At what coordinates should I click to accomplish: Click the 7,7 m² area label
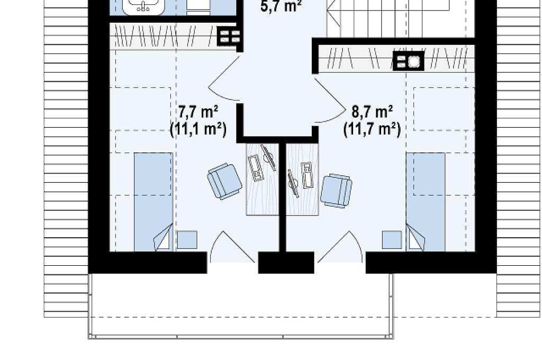(x=198, y=112)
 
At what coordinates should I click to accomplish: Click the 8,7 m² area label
(x=372, y=112)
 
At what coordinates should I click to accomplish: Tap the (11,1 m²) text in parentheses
(x=198, y=129)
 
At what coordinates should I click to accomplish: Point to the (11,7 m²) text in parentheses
(x=372, y=129)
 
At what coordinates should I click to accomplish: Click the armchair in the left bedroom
(x=224, y=181)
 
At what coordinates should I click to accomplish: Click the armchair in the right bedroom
(x=336, y=191)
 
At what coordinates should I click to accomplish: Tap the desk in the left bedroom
(x=263, y=179)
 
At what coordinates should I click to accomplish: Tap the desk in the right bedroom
(x=302, y=179)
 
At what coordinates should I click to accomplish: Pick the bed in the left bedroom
(x=153, y=202)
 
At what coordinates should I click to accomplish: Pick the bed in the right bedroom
(x=426, y=202)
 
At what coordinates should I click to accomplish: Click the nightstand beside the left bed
(x=187, y=240)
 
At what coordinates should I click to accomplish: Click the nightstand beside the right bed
(x=392, y=240)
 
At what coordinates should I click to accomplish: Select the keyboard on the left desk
(x=256, y=168)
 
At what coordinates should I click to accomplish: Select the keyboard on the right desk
(x=306, y=175)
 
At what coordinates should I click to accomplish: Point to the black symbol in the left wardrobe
(x=229, y=37)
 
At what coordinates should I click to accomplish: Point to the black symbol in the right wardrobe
(x=409, y=61)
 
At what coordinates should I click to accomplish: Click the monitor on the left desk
(x=268, y=157)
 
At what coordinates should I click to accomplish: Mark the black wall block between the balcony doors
(x=286, y=263)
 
